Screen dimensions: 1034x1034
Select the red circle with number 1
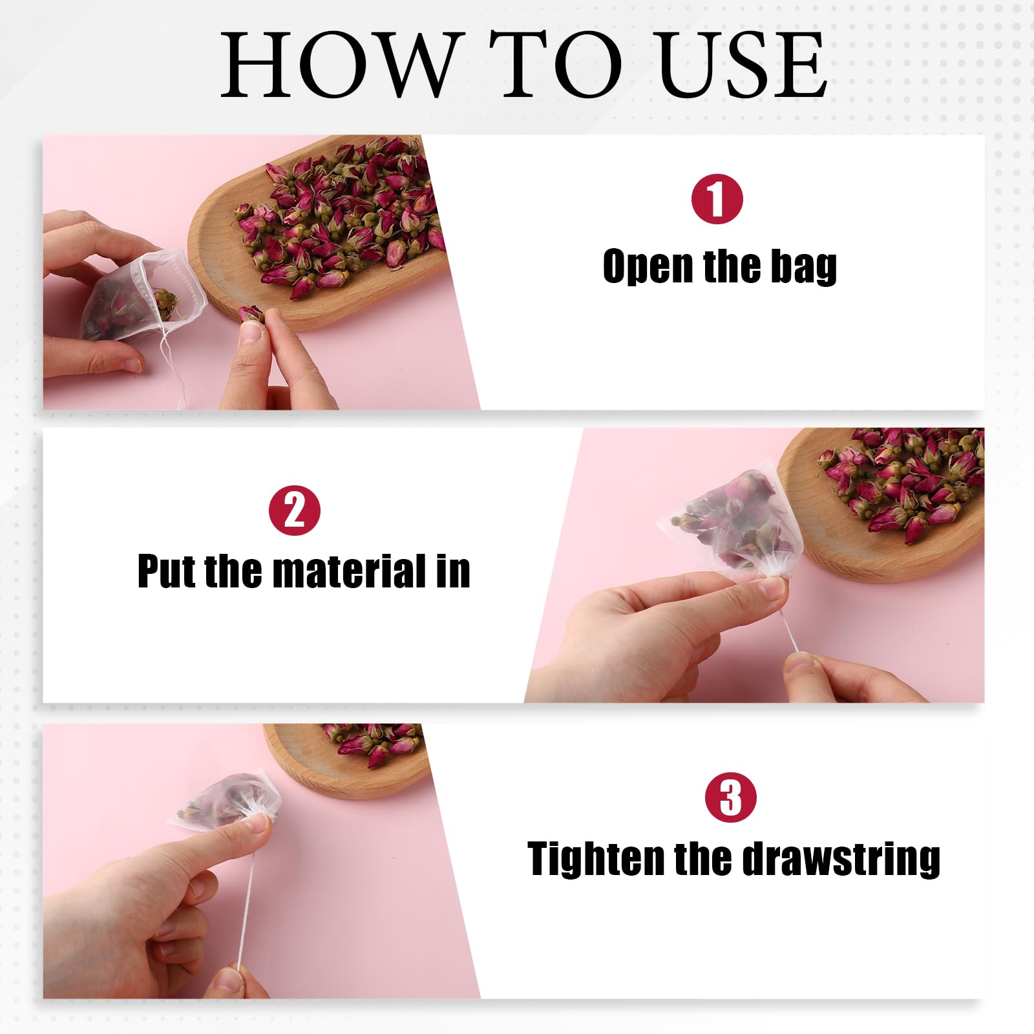click(717, 199)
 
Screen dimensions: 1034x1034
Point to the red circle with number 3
click(731, 797)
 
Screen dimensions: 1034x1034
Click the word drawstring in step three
click(841, 859)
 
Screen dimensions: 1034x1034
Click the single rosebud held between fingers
click(251, 314)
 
